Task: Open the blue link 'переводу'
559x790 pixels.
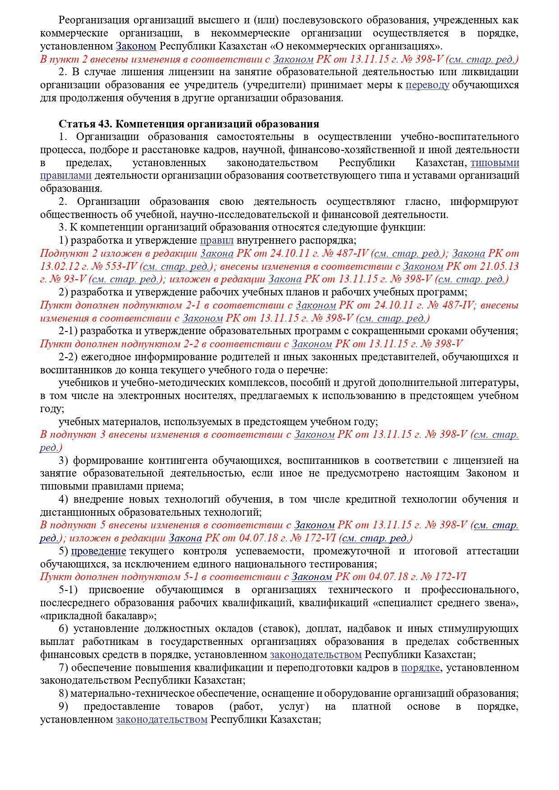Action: [x=427, y=85]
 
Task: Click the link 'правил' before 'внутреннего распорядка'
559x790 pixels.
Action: [x=216, y=241]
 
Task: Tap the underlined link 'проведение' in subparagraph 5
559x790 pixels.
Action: [x=98, y=551]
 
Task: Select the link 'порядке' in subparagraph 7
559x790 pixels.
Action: [x=420, y=668]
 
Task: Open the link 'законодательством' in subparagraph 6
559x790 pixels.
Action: [x=316, y=655]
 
